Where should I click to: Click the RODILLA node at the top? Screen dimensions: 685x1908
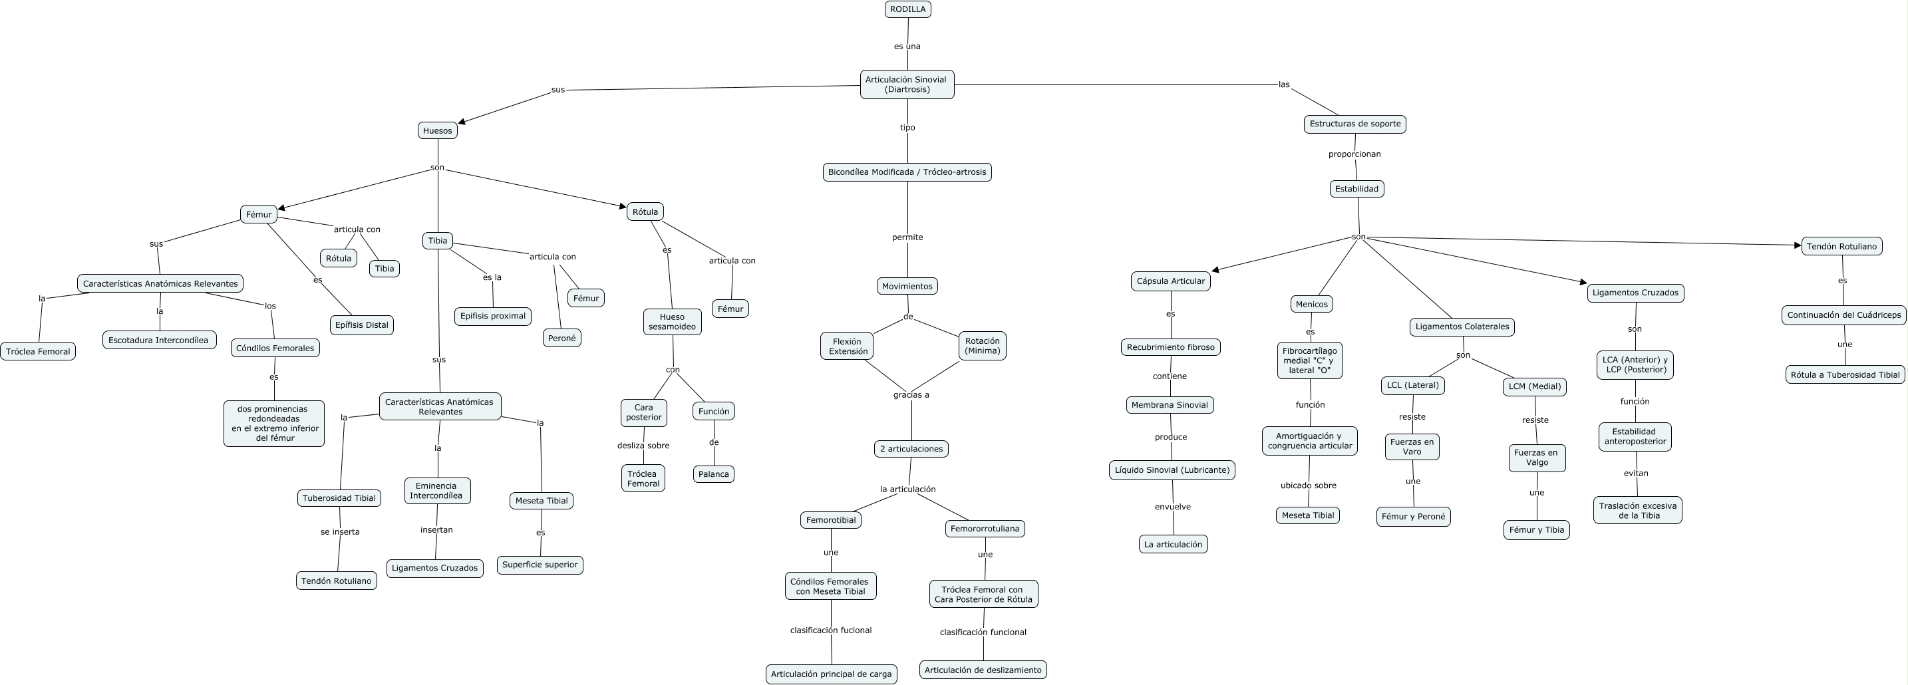point(907,9)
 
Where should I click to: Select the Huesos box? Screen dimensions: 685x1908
point(437,130)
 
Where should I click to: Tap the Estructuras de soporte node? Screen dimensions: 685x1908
point(1354,124)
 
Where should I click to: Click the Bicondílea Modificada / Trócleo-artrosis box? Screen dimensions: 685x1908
point(907,172)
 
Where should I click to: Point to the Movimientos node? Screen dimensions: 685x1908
point(907,286)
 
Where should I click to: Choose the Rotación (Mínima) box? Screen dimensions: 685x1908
point(982,346)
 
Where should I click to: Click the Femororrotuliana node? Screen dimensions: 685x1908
point(985,528)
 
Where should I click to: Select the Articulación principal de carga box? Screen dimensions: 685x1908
point(831,674)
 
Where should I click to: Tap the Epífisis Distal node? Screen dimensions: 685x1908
point(361,325)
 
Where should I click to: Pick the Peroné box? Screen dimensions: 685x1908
point(561,338)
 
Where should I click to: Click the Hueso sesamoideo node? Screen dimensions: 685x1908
point(672,321)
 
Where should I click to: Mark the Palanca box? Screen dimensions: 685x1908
point(713,474)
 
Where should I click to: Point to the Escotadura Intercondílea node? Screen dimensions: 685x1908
point(159,340)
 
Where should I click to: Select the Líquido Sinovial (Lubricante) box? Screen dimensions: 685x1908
point(1172,470)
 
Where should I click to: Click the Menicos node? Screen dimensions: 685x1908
point(1311,304)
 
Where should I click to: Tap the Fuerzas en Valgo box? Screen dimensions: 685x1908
point(1536,458)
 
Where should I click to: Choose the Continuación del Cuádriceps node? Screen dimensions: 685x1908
point(1843,315)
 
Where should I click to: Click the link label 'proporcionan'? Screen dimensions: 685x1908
point(1354,154)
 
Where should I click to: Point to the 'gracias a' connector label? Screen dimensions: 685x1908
point(910,395)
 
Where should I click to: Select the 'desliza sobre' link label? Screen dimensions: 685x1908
point(643,445)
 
